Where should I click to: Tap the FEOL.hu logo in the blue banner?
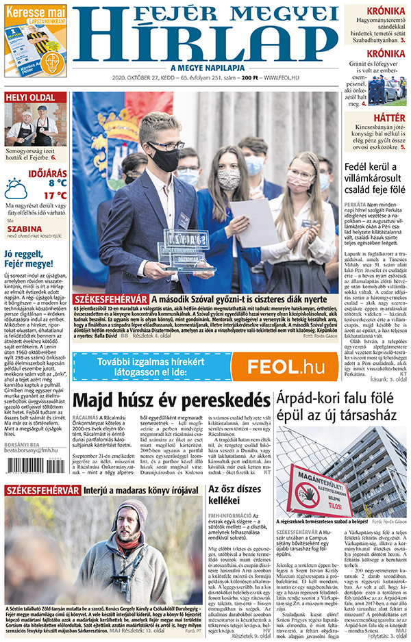tap(286, 366)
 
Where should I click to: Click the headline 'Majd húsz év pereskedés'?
tap(171, 401)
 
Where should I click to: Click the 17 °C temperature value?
tap(55, 195)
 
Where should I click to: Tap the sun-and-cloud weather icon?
tap(16, 188)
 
